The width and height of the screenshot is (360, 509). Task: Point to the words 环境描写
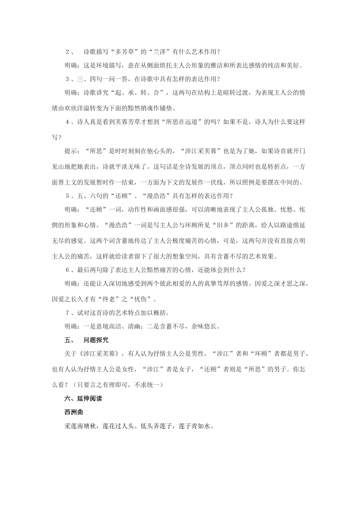pyautogui.click(x=109, y=66)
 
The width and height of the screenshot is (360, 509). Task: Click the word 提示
pyautogui.click(x=71, y=151)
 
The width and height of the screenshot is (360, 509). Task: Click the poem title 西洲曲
pyautogui.click(x=74, y=412)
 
